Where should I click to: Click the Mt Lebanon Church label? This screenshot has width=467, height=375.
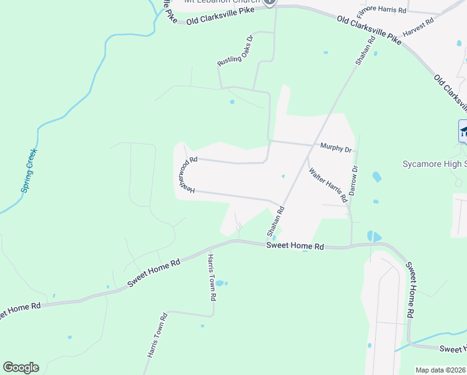pos(222,2)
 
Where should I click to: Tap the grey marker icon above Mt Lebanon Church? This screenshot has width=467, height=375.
pos(270,2)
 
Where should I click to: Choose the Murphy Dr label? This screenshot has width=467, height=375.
pos(336,149)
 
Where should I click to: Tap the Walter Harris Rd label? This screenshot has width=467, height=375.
pos(327,185)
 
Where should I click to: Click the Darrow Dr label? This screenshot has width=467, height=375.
pos(353,181)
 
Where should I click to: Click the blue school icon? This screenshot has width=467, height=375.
pos(463,131)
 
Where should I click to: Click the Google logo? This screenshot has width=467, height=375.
pos(21,367)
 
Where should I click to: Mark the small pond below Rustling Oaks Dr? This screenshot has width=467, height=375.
pos(232,102)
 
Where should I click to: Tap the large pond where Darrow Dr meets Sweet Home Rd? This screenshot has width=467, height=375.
pos(373,236)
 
